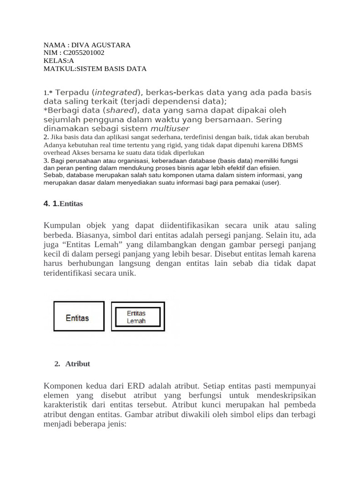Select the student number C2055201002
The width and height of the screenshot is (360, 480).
pos(84,52)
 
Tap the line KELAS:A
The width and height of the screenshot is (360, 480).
pos(59,60)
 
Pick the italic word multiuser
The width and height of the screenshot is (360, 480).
pos(170,128)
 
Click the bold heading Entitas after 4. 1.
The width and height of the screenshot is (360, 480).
pos(71,204)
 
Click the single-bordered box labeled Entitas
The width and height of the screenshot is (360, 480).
pos(79,316)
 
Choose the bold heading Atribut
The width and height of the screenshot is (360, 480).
pos(78,364)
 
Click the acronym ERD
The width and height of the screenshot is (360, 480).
pos(134,386)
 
